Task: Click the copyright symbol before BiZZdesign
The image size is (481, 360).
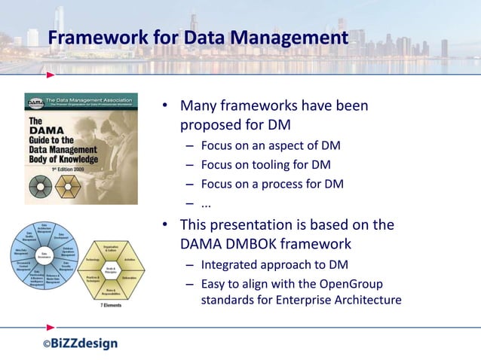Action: (46, 344)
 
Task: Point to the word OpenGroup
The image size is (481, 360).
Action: (355, 283)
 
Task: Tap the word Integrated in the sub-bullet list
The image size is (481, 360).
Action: (230, 264)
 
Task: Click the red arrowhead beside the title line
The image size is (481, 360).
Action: (50, 75)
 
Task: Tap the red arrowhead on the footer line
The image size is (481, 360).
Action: (50, 328)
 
